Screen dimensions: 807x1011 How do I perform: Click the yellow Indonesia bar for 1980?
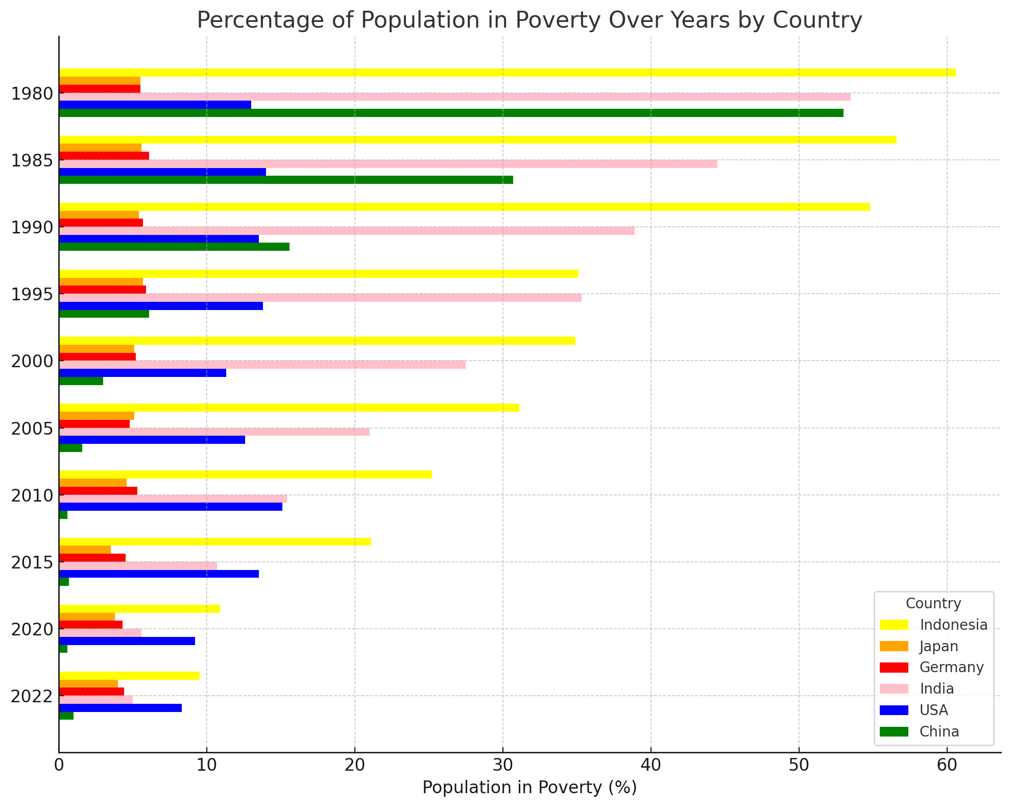click(505, 73)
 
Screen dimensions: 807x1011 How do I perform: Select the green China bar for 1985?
click(286, 180)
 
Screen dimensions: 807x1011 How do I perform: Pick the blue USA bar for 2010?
click(171, 507)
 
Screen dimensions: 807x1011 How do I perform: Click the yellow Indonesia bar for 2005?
click(289, 408)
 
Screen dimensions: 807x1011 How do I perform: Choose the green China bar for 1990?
click(174, 247)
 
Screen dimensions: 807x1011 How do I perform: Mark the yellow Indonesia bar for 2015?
click(215, 542)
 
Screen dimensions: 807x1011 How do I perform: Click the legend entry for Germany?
click(951, 668)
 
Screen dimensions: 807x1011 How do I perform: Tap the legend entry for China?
click(939, 732)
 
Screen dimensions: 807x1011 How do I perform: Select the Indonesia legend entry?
click(953, 625)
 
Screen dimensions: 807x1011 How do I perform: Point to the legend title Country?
click(933, 603)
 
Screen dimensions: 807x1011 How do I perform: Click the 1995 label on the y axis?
click(32, 294)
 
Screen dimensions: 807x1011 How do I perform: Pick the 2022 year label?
click(32, 696)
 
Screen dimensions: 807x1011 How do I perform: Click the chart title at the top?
click(529, 20)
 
